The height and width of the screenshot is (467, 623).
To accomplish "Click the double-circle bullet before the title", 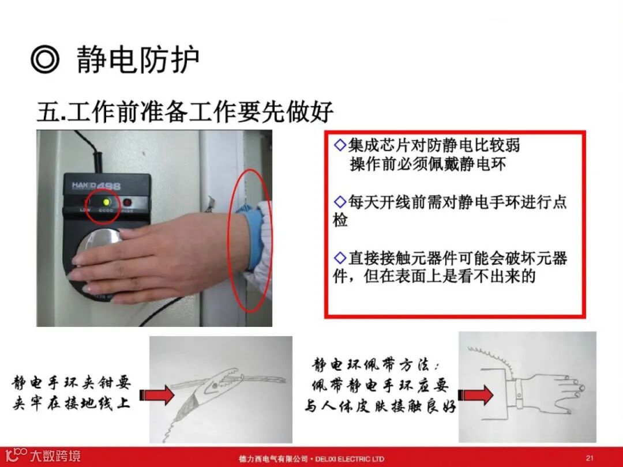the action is [45, 59].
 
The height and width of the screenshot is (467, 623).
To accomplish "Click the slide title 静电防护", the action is [138, 59].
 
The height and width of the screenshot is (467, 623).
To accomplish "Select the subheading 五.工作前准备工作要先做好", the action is [185, 112].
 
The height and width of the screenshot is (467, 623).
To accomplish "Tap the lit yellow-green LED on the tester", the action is [106, 202].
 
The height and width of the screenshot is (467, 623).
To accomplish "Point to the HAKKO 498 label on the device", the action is [96, 186].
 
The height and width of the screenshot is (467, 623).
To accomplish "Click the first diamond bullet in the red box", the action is [340, 145].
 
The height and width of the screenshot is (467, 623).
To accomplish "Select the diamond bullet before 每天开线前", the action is [340, 202].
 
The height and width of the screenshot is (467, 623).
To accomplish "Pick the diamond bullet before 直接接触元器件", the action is [340, 258].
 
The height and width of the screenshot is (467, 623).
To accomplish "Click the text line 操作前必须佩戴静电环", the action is [428, 164].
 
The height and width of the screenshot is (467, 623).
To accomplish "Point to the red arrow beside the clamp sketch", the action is [157, 395].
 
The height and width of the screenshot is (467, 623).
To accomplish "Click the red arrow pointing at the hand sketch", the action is [475, 395].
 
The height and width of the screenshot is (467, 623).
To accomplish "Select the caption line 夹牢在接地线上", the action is [72, 404].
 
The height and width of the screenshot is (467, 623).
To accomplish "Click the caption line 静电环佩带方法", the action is [376, 364].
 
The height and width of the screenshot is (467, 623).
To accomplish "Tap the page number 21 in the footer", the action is [590, 458].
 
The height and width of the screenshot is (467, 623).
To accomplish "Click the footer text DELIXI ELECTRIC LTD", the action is [350, 459].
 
